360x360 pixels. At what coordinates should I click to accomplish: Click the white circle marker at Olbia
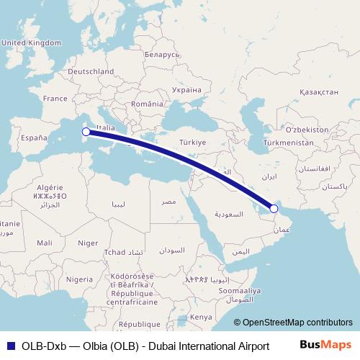click(86, 132)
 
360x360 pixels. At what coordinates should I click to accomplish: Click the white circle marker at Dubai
click(274, 209)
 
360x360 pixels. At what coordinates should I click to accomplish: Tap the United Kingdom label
click(32, 43)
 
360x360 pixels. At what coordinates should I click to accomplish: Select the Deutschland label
click(90, 72)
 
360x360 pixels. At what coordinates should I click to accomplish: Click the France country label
click(55, 99)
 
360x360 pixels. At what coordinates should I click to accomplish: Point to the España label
click(33, 137)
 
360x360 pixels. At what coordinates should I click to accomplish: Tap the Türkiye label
click(192, 143)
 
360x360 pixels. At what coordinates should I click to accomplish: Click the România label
click(148, 104)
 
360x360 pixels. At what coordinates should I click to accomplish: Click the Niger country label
click(88, 243)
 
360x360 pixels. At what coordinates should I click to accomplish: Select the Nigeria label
click(79, 279)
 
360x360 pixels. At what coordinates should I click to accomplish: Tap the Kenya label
click(201, 317)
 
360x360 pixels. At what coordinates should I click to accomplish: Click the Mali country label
click(44, 243)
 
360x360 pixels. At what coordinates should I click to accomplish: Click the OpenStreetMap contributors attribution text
click(293, 323)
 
